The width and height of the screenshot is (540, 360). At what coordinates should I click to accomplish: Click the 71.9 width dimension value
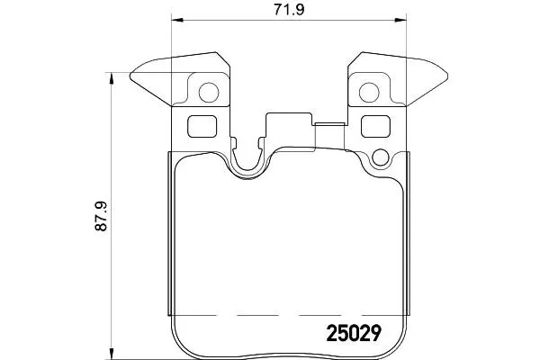pos(289,9)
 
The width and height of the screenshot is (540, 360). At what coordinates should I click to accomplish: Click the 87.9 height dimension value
pos(101,216)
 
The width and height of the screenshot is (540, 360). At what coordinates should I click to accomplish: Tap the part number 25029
pos(354,333)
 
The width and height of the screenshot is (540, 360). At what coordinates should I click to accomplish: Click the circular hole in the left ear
pos(209,93)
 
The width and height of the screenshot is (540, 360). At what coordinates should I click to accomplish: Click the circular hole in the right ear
pos(369,93)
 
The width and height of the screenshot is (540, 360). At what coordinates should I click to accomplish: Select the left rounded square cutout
pos(202,126)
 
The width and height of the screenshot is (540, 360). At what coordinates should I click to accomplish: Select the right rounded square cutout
pos(375,126)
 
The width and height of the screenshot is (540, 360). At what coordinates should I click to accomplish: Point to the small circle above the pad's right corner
pos(380,157)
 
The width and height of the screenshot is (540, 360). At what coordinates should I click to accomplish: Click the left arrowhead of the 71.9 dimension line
pos(176,20)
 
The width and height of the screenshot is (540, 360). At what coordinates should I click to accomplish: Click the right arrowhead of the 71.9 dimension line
pos(400,20)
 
